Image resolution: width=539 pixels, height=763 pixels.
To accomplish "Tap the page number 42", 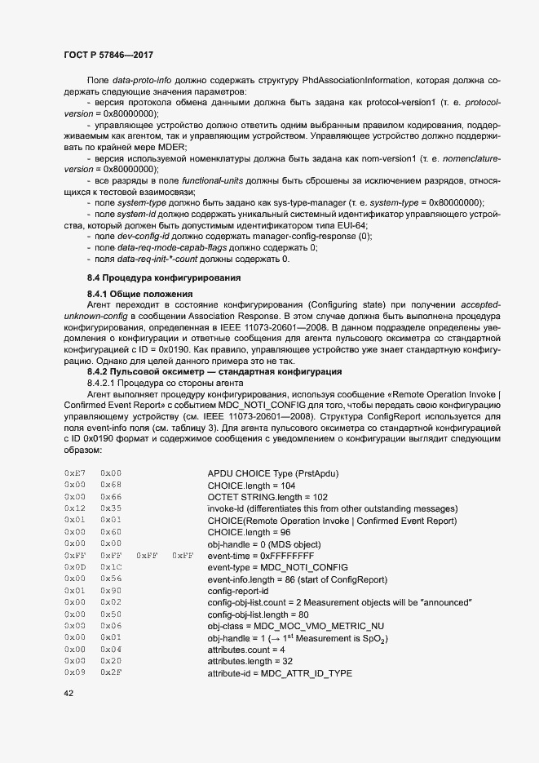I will pyautogui.click(x=68, y=693).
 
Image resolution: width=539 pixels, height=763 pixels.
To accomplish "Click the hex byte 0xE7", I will pyautogui.click(x=75, y=473).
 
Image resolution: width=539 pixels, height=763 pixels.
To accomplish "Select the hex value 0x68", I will pyautogui.click(x=111, y=485).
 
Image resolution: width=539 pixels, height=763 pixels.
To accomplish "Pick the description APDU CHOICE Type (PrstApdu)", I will pyautogui.click(x=272, y=473).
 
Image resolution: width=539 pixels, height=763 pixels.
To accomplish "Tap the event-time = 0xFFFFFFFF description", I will pyautogui.click(x=260, y=555).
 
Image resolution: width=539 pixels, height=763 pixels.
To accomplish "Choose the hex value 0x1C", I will pyautogui.click(x=111, y=566).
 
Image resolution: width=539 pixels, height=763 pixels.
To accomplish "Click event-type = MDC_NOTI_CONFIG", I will pyautogui.click(x=277, y=566).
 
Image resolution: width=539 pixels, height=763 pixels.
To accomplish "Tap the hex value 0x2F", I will pyautogui.click(x=111, y=672).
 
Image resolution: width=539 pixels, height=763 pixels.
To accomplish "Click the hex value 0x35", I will pyautogui.click(x=111, y=508).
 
